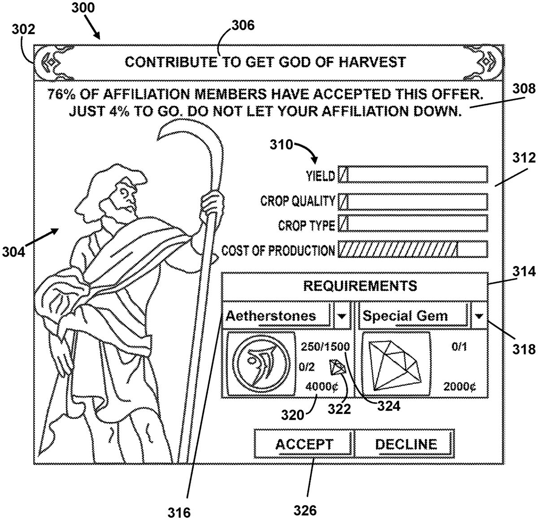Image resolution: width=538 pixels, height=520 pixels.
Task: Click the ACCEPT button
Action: coord(304,444)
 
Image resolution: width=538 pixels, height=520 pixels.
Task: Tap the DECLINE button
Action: coord(405,444)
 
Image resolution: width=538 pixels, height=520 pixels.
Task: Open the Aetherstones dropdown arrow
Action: coord(342,316)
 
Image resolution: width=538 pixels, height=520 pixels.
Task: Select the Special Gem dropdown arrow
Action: coord(479,316)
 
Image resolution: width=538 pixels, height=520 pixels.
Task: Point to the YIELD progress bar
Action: coord(412,175)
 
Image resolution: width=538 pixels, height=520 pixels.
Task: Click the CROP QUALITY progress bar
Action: coord(412,202)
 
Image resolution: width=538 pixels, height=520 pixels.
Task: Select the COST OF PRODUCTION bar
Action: coord(412,250)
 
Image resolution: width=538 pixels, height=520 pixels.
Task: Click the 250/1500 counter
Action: coord(325,347)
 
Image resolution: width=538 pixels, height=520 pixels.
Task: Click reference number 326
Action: coord(305,510)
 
